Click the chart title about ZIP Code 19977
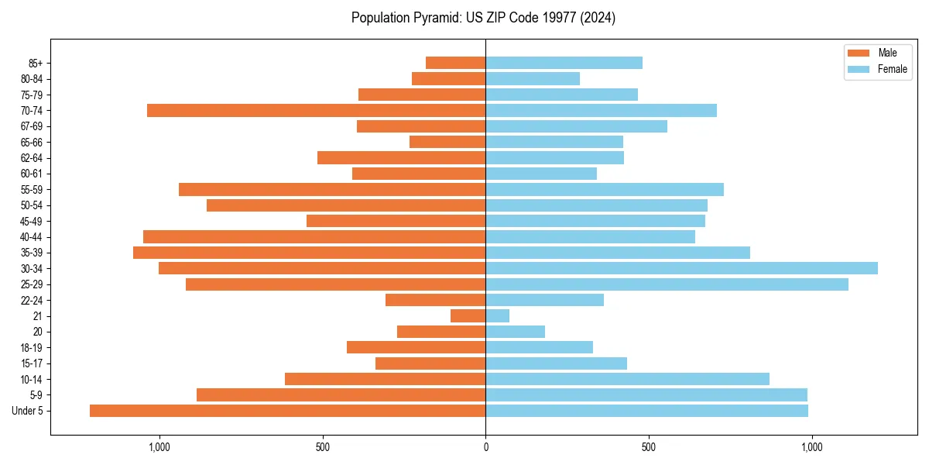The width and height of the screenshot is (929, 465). (483, 18)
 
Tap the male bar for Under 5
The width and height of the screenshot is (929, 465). (287, 411)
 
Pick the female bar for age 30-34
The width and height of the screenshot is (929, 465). (681, 268)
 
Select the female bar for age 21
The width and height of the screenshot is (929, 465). (498, 316)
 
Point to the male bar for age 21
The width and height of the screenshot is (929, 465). (468, 316)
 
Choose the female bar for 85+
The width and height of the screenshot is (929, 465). (564, 63)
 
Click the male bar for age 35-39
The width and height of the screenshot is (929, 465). (309, 253)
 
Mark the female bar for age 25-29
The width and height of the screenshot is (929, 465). (667, 284)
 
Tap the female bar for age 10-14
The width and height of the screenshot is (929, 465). (627, 379)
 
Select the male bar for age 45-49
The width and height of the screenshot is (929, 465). (396, 221)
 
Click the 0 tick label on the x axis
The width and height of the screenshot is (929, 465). (485, 447)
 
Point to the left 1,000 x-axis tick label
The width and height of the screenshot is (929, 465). (159, 447)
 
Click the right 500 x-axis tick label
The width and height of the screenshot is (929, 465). (649, 447)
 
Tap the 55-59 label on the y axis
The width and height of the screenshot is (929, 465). (30, 190)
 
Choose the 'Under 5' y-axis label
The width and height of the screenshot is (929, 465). (27, 411)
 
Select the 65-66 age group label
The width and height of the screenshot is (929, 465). (30, 142)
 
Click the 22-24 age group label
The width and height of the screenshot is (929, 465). (30, 300)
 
